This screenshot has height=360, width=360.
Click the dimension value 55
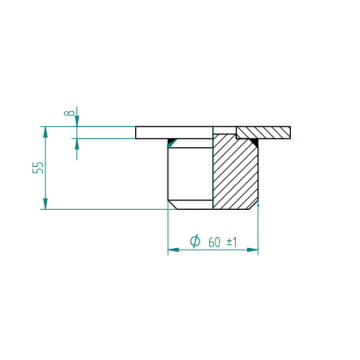point(38,168)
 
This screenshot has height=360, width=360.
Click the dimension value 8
point(69,112)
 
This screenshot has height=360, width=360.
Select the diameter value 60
point(214,242)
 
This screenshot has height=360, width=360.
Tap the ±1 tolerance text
point(232,242)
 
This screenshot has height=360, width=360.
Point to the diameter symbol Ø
point(195,241)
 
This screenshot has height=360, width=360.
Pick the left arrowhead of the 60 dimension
point(173,250)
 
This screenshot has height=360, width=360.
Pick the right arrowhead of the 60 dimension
point(252,250)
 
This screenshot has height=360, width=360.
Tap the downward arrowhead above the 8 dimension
point(77,121)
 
